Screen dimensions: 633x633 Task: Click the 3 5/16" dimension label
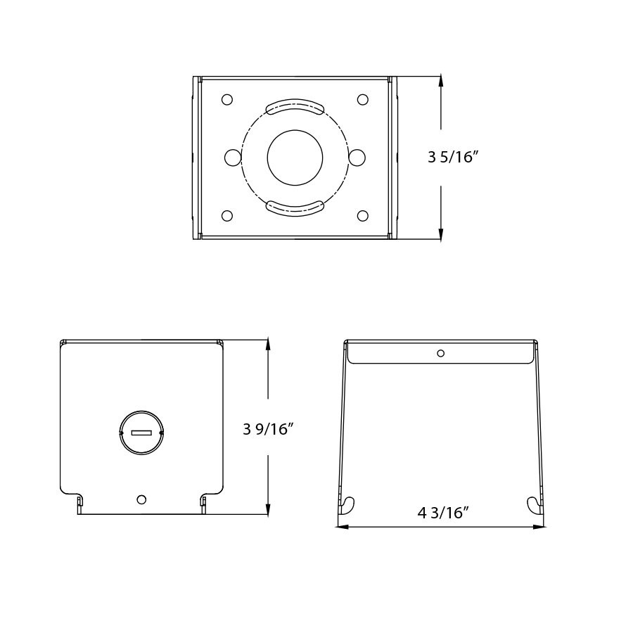tap(453, 157)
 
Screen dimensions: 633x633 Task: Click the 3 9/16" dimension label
tap(268, 428)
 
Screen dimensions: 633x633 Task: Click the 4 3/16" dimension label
tap(443, 513)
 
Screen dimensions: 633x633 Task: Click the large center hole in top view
tap(295, 158)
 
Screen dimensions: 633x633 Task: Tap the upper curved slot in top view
tap(295, 106)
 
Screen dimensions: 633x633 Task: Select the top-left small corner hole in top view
tap(226, 100)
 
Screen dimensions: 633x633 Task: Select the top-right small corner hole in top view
tap(362, 100)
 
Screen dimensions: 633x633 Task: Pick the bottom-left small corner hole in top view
tap(226, 216)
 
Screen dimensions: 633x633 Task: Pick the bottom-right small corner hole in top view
tap(362, 216)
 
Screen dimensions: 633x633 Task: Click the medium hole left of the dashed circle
tap(233, 157)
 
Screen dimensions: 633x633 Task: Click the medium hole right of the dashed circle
tap(357, 157)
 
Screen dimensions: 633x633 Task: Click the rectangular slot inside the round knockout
tap(141, 433)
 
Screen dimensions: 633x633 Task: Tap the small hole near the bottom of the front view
tap(141, 499)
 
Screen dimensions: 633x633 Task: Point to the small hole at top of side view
tap(440, 353)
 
